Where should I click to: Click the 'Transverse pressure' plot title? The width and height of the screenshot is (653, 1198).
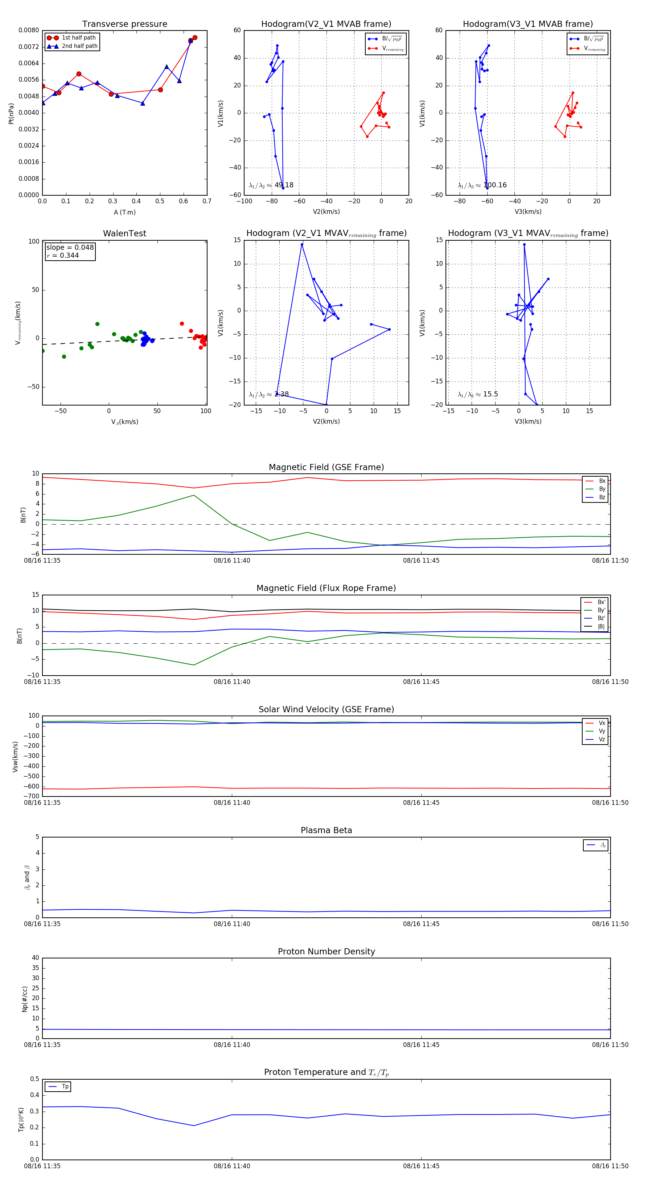(x=124, y=24)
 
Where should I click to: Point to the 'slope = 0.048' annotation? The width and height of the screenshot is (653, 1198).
(x=70, y=248)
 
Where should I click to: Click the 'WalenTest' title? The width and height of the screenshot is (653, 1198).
(x=124, y=233)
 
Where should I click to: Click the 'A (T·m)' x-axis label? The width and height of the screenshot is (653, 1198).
(x=124, y=212)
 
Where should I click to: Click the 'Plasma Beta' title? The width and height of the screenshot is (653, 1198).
(x=326, y=830)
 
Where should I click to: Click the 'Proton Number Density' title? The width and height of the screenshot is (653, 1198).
(x=326, y=952)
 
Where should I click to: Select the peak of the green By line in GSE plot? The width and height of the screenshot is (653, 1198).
(x=194, y=495)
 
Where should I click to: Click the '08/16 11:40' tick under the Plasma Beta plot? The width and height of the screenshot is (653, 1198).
(x=232, y=924)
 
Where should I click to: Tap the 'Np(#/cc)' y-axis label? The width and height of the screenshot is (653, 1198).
(x=25, y=999)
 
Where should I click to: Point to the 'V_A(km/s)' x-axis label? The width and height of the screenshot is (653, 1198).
(x=124, y=422)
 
